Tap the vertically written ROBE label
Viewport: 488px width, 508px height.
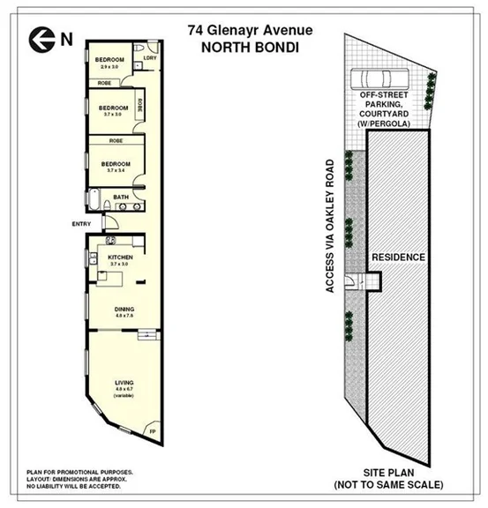[x=140, y=104]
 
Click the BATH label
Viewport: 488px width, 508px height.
[x=121, y=197]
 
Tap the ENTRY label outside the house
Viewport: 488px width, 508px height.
[x=81, y=224]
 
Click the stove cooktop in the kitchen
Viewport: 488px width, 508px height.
[x=110, y=242]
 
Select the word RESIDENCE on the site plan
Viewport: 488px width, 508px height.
[x=398, y=258]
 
